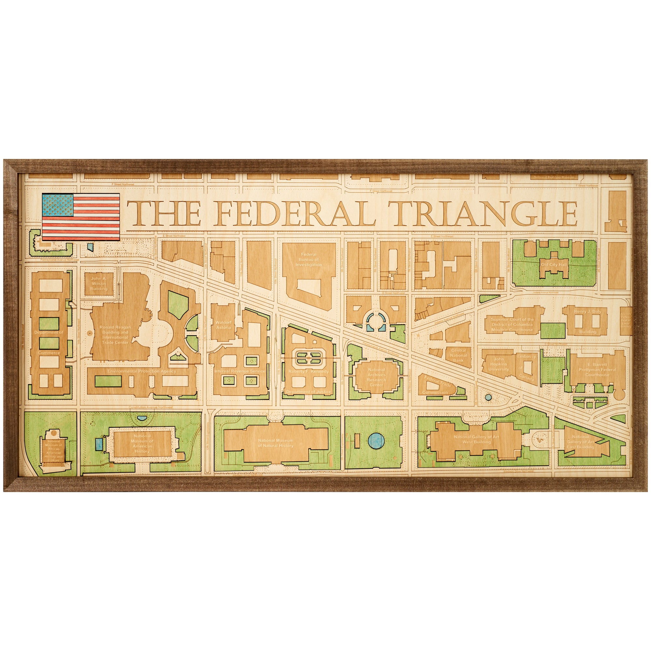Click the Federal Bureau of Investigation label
click(309, 259)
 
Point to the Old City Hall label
click(554, 265)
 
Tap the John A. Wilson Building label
click(99, 284)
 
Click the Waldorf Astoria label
click(223, 325)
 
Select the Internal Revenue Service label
click(240, 371)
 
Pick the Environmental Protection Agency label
click(142, 371)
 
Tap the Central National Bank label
click(458, 355)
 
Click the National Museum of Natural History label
click(275, 443)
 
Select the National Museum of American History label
click(142, 443)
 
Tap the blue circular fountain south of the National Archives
click(376, 439)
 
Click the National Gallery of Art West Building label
click(476, 439)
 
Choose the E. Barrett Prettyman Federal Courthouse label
click(597, 369)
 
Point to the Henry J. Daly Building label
click(588, 321)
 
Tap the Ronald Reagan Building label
click(115, 335)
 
